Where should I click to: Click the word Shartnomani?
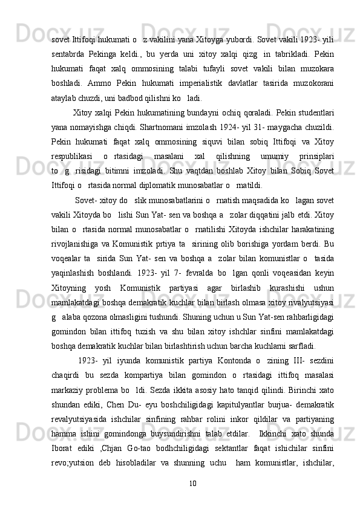tap(173, 128)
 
